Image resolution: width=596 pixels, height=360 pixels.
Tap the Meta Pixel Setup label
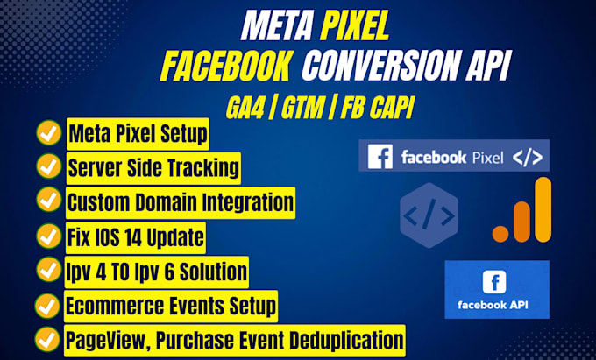pos(138,134)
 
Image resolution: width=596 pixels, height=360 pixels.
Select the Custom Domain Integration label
pos(180,201)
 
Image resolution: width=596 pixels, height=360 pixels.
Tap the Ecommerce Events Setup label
pos(171,306)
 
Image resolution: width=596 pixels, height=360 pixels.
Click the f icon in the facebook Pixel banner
pos(380,158)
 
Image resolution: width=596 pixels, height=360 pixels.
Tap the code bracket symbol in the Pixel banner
pos(527,158)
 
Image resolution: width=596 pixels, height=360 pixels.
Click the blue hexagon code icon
pos(428,215)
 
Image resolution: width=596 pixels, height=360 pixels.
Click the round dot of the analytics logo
pos(501,231)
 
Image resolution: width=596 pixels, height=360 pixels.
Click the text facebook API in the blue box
pos(496,307)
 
